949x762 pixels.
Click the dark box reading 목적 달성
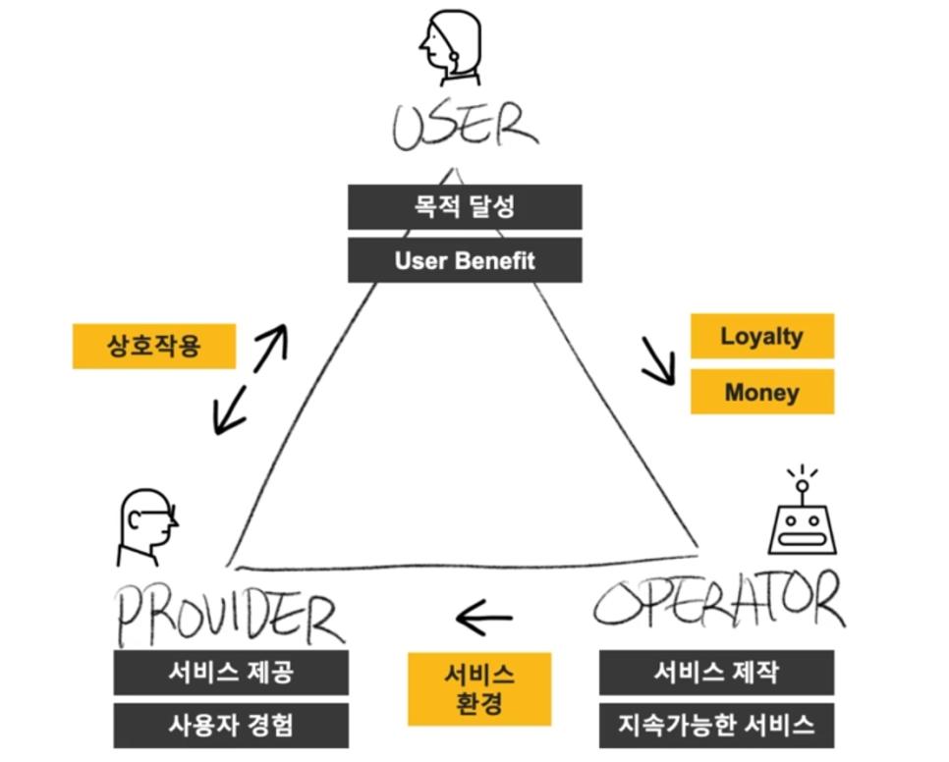click(464, 207)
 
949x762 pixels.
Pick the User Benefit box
click(464, 260)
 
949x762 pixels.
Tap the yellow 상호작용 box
click(154, 346)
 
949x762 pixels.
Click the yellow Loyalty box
click(761, 336)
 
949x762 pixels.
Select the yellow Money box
click(761, 392)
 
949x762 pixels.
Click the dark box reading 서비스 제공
click(230, 673)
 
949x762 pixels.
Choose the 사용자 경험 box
click(230, 726)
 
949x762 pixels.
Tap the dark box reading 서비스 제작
click(716, 673)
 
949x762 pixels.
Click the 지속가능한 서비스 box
click(716, 726)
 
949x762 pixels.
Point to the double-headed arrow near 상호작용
click(251, 377)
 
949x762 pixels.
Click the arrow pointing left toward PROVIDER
click(484, 619)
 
